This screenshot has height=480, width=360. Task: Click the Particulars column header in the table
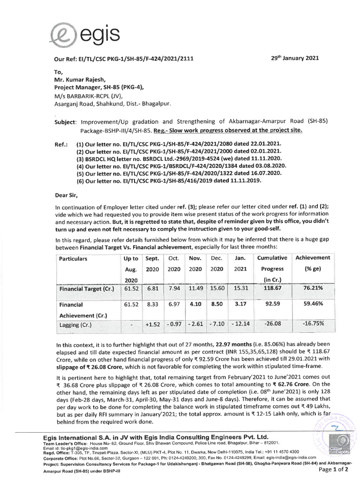(73, 258)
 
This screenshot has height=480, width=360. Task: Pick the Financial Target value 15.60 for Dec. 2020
(217, 289)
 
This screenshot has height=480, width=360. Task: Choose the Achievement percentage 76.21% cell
(312, 289)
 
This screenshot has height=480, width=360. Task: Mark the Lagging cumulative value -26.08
(272, 324)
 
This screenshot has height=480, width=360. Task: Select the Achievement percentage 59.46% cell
(312, 309)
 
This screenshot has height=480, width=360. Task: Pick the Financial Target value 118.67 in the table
(272, 289)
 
